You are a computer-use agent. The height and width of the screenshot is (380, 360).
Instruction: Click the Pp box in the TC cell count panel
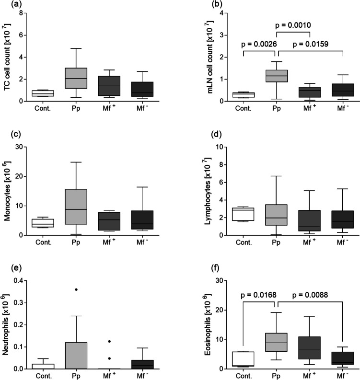[76, 78]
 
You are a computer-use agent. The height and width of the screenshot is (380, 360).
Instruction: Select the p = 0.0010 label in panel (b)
[293, 25]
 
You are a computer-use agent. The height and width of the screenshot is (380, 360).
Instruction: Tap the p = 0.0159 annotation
[311, 44]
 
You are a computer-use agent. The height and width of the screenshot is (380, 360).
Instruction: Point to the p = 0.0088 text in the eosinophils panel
[310, 295]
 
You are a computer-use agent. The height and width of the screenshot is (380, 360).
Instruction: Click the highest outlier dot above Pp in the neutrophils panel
[76, 289]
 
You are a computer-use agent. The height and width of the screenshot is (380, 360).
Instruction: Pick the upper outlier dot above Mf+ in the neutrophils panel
[109, 341]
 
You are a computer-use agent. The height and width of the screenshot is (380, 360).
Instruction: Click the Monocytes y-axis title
[8, 191]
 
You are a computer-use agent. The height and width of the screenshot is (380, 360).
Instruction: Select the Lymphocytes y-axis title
[208, 191]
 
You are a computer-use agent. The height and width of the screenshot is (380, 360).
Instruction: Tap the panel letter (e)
[16, 268]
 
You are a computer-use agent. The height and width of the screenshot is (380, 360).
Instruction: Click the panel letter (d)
[217, 134]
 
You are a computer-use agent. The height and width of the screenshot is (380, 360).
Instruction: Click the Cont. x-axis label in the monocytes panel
[44, 242]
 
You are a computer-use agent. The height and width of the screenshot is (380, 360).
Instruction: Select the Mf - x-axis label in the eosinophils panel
[342, 375]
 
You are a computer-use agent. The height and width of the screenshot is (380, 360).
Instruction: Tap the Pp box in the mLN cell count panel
[277, 76]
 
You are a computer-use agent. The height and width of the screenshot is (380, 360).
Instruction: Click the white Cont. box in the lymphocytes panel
[243, 214]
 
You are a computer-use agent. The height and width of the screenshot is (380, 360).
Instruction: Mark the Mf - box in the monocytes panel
[142, 220]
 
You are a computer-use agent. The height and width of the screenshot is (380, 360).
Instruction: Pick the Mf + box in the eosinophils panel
[310, 348]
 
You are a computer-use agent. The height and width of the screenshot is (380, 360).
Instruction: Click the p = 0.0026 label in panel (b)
[259, 44]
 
